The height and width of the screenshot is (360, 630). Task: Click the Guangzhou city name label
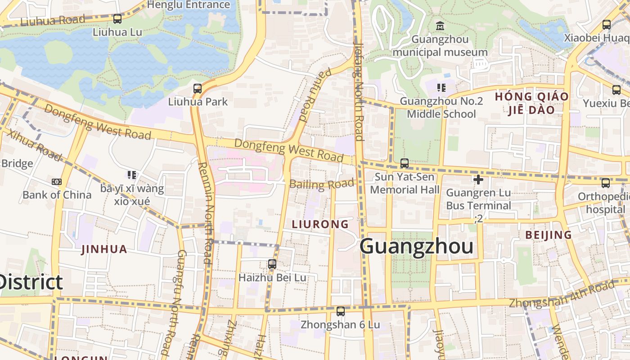[416, 247]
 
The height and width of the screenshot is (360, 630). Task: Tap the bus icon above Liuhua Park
[197, 89]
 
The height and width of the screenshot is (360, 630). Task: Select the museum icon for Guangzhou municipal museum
[440, 26]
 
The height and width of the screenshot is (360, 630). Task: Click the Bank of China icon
[57, 182]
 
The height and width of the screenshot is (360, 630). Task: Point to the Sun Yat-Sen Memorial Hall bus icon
[405, 163]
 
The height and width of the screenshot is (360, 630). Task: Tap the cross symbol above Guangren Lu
[478, 180]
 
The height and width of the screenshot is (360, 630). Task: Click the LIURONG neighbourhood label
[320, 224]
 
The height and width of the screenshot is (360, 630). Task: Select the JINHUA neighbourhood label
[104, 249]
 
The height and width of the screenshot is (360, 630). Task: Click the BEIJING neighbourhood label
[549, 235]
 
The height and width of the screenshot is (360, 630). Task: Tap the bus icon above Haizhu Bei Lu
[272, 264]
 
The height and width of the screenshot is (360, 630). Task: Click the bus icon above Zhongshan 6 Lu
[341, 311]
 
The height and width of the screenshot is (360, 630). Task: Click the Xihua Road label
[34, 145]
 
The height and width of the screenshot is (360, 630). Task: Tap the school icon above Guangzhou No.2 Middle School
[441, 88]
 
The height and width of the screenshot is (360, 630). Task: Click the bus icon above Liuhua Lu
[117, 19]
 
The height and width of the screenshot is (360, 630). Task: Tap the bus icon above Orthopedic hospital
[606, 183]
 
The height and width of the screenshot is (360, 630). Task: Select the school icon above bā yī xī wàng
[131, 175]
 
